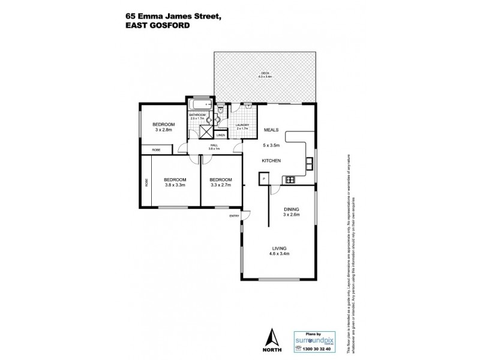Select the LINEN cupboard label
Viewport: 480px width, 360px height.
click(221, 136)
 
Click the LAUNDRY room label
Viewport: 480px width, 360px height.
click(242, 125)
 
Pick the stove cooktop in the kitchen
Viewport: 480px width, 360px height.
click(290, 178)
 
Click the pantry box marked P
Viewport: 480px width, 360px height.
click(263, 178)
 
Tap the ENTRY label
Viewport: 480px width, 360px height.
click(234, 216)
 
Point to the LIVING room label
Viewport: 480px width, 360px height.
click(278, 248)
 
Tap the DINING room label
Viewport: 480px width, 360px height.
click(291, 210)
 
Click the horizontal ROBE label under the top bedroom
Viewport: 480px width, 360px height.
click(156, 149)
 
